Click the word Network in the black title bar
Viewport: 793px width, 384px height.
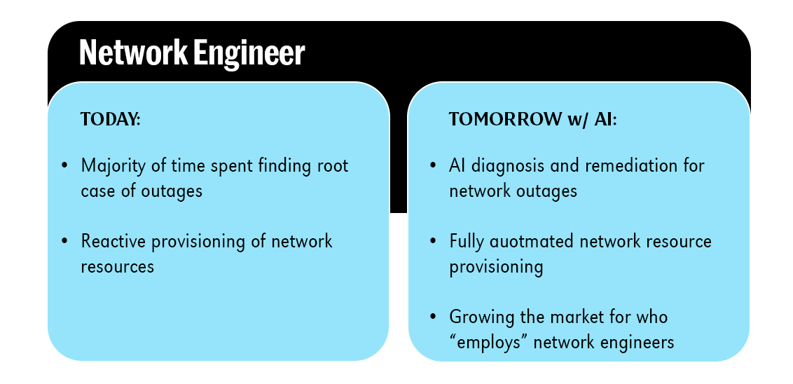coord(126,53)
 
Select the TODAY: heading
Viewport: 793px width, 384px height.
coord(111,119)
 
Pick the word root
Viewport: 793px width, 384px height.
coord(333,166)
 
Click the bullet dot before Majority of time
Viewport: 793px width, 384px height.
coord(65,166)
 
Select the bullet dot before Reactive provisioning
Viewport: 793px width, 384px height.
coord(65,242)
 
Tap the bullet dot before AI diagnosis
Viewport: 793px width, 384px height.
coord(434,166)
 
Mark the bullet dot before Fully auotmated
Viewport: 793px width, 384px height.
coord(434,242)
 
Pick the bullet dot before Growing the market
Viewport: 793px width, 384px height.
coord(434,317)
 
